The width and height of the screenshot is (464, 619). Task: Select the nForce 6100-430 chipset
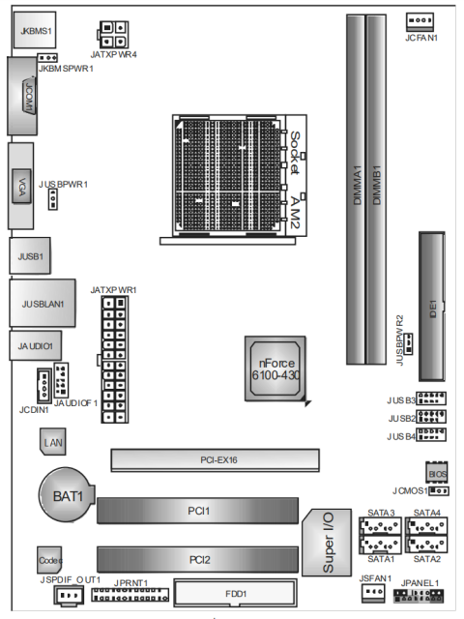coord(278,368)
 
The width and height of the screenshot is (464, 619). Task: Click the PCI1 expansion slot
coord(198,509)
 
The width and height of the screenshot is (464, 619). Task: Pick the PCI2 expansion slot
coord(198,558)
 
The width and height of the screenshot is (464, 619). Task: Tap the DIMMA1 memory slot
coord(356,184)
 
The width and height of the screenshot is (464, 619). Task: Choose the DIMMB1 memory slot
coord(379,184)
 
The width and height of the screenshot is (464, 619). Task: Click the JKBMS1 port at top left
coord(35,32)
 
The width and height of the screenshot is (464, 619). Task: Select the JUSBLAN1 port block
coord(42,304)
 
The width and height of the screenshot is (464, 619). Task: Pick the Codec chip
coord(50,560)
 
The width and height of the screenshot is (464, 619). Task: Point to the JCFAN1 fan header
coord(420,21)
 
